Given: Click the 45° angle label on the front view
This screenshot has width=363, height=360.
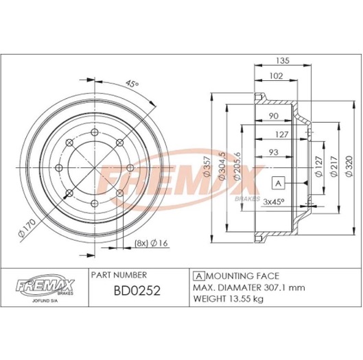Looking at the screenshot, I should tap(132, 84).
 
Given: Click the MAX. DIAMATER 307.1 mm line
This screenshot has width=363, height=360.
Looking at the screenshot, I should tap(238, 289).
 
